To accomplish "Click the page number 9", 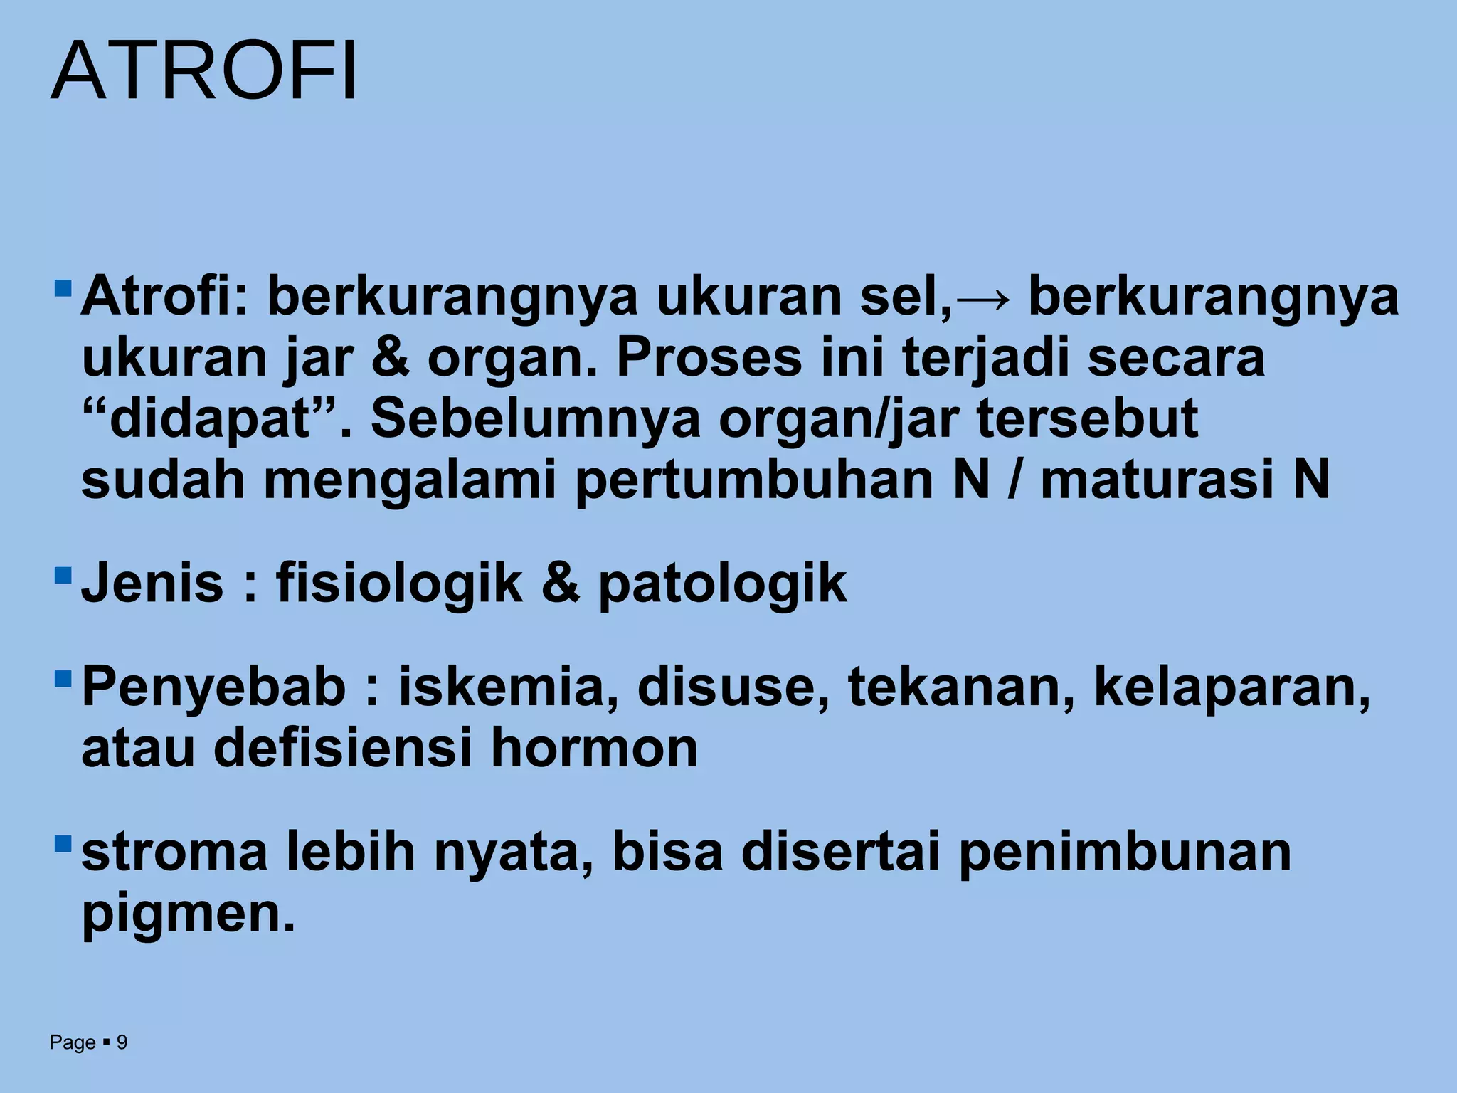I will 122,1042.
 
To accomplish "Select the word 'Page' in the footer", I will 73,1042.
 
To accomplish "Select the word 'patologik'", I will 722,584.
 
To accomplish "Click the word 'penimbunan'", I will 1124,852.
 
